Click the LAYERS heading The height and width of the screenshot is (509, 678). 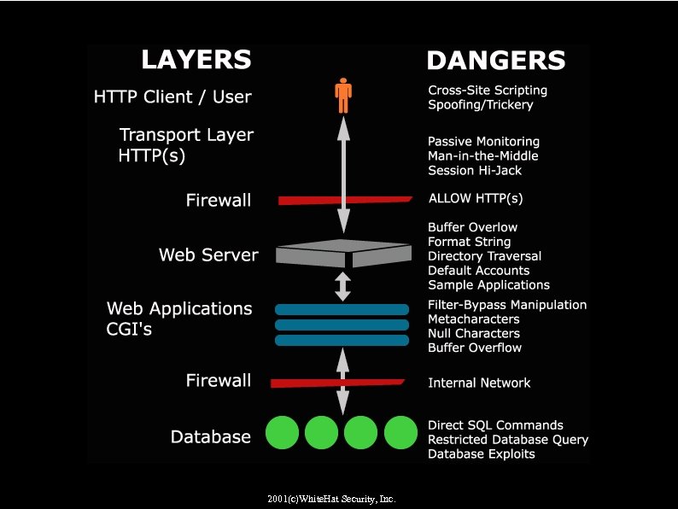click(x=196, y=59)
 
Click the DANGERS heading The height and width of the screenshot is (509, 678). click(x=495, y=61)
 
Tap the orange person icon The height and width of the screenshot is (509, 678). click(x=343, y=96)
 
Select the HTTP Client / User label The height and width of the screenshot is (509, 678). click(x=172, y=97)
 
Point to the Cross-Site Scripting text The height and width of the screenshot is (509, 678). click(x=488, y=90)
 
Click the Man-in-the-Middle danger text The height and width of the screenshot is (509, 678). click(x=483, y=155)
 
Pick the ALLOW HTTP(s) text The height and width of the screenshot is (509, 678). click(x=476, y=198)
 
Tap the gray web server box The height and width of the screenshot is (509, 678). click(x=343, y=253)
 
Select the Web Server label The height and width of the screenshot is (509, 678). click(x=208, y=254)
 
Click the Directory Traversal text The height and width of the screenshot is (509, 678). click(x=484, y=256)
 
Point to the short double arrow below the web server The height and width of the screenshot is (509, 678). click(x=343, y=286)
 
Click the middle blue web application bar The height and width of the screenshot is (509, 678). click(x=342, y=325)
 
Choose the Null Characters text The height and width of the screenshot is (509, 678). click(x=474, y=333)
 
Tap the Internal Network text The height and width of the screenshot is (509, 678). click(x=479, y=383)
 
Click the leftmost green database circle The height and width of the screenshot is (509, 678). click(x=282, y=433)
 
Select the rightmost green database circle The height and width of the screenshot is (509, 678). click(x=400, y=433)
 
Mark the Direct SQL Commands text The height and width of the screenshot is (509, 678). click(x=495, y=425)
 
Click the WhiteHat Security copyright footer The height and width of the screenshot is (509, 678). click(x=331, y=499)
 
